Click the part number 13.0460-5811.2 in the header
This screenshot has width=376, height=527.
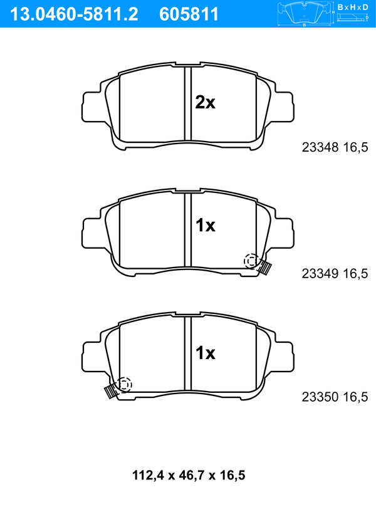tap(74, 14)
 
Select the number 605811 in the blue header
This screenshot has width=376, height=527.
tap(189, 14)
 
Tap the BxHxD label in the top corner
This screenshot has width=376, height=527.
tap(353, 7)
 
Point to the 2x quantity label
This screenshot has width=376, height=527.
tap(205, 103)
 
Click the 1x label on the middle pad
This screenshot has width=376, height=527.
tap(206, 226)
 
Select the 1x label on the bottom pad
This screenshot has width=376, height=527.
tap(206, 353)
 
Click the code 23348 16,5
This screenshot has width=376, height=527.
tap(335, 147)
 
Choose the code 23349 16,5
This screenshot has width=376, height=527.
tap(335, 274)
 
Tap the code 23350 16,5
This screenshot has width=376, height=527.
tap(335, 397)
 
